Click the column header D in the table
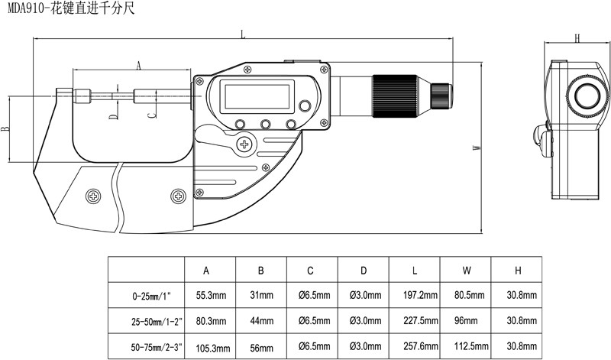(x=364, y=271)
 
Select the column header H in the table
(x=518, y=271)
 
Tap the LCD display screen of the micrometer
(x=256, y=97)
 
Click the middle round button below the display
(x=266, y=125)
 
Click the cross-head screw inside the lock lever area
(x=246, y=143)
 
